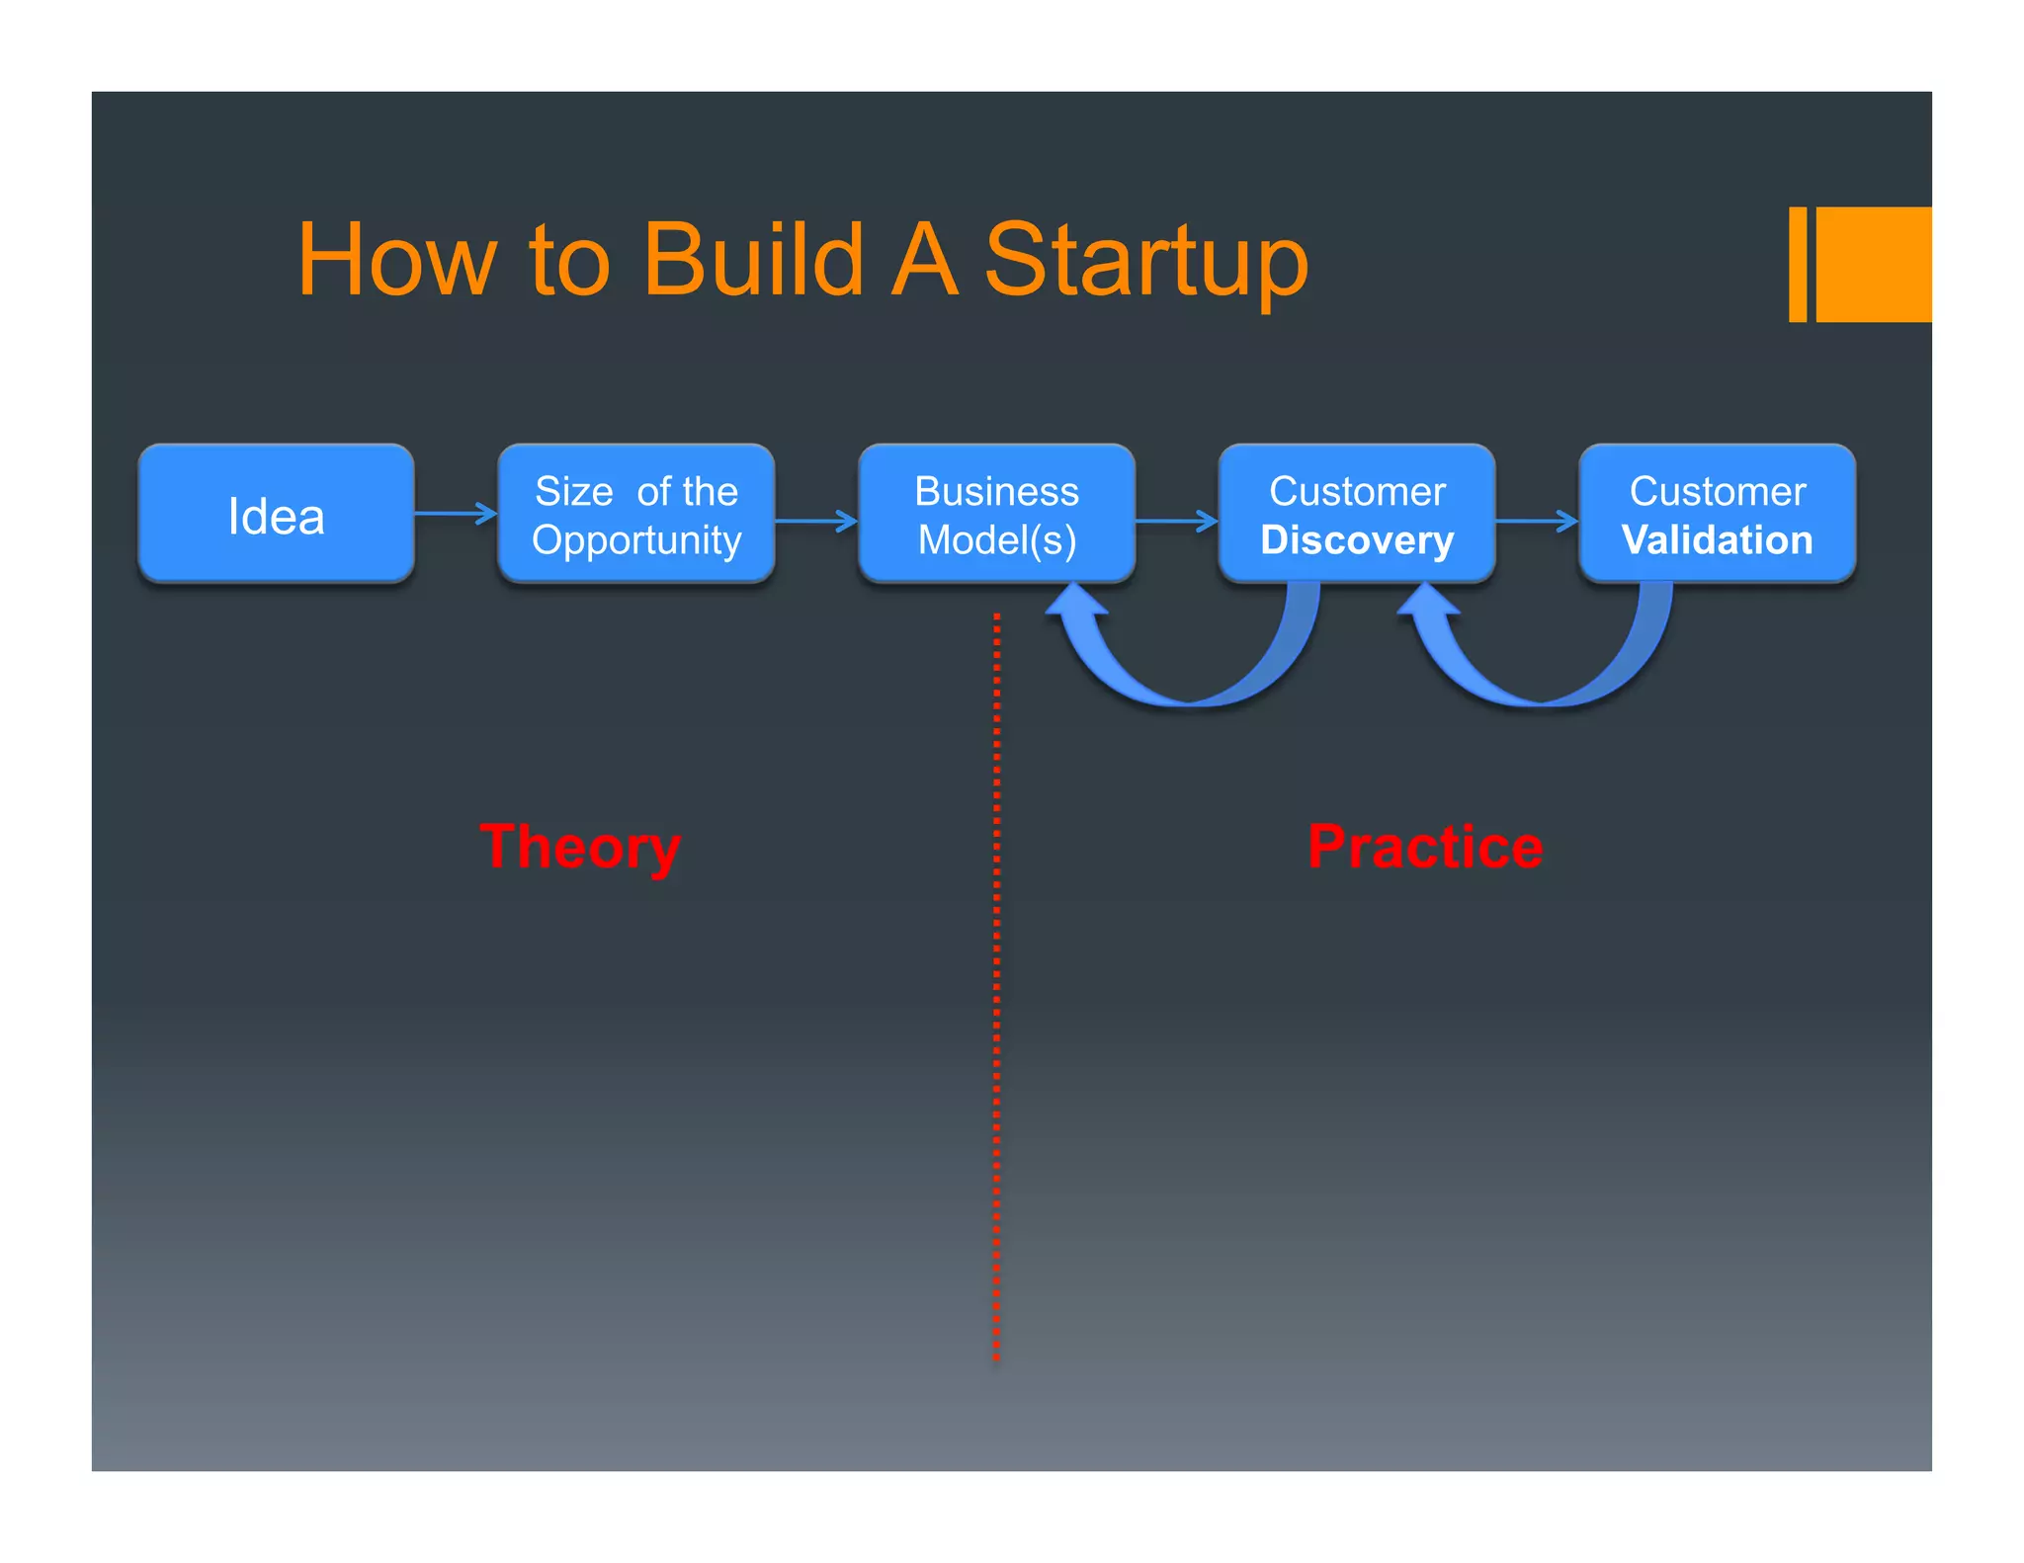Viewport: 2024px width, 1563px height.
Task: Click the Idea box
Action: pyautogui.click(x=276, y=514)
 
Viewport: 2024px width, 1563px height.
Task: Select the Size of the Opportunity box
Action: pyautogui.click(x=635, y=514)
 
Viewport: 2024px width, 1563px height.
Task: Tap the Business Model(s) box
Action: pyautogui.click(x=996, y=514)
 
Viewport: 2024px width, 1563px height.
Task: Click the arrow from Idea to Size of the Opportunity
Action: pyautogui.click(x=455, y=513)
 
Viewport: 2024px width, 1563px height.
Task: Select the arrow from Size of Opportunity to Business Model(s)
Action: pyautogui.click(x=815, y=521)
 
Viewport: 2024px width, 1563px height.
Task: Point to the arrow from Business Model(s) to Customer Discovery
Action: pyautogui.click(x=1176, y=521)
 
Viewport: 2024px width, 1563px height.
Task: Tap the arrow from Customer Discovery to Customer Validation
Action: pyautogui.click(x=1536, y=521)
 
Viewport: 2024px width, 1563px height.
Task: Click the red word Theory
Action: pyautogui.click(x=580, y=848)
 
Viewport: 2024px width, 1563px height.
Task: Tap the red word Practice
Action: pyautogui.click(x=1424, y=848)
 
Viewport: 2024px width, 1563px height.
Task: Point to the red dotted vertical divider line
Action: pyautogui.click(x=996, y=988)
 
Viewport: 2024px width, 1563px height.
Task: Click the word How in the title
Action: pyautogui.click(x=395, y=260)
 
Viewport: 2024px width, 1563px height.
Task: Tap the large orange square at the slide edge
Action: pyautogui.click(x=1874, y=264)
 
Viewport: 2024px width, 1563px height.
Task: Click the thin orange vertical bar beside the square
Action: pyautogui.click(x=1798, y=264)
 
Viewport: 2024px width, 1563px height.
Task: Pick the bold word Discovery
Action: pyautogui.click(x=1356, y=540)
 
